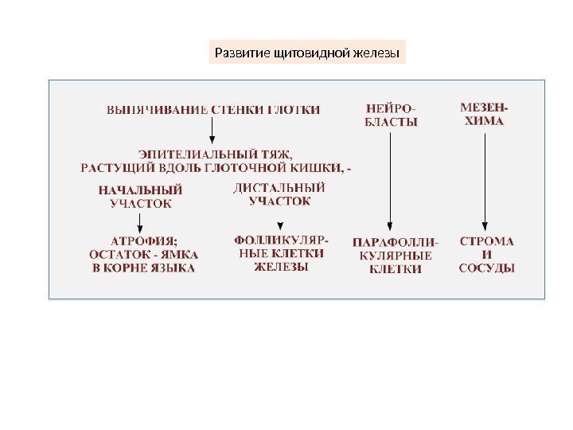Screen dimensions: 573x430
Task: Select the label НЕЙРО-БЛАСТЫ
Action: click(x=391, y=115)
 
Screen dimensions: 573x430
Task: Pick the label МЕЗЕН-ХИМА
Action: click(x=485, y=114)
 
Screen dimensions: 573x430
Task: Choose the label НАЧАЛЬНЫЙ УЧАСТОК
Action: click(x=140, y=197)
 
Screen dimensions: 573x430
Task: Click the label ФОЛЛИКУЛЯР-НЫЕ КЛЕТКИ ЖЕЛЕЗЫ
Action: click(x=280, y=252)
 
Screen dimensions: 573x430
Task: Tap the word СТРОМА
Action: click(x=487, y=240)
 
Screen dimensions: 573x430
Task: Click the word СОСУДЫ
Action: click(x=487, y=268)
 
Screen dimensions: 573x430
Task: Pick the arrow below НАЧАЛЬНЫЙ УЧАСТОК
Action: click(x=140, y=222)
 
